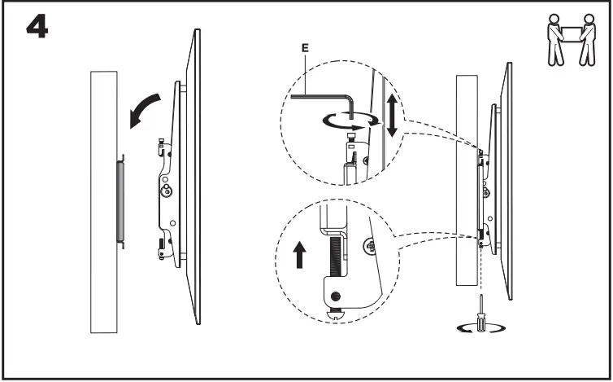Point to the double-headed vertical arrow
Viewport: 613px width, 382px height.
pos(391,115)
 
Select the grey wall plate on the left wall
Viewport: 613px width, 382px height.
pos(120,200)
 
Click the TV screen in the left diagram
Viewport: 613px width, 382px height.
pos(194,179)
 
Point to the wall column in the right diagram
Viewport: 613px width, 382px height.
pos(465,179)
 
